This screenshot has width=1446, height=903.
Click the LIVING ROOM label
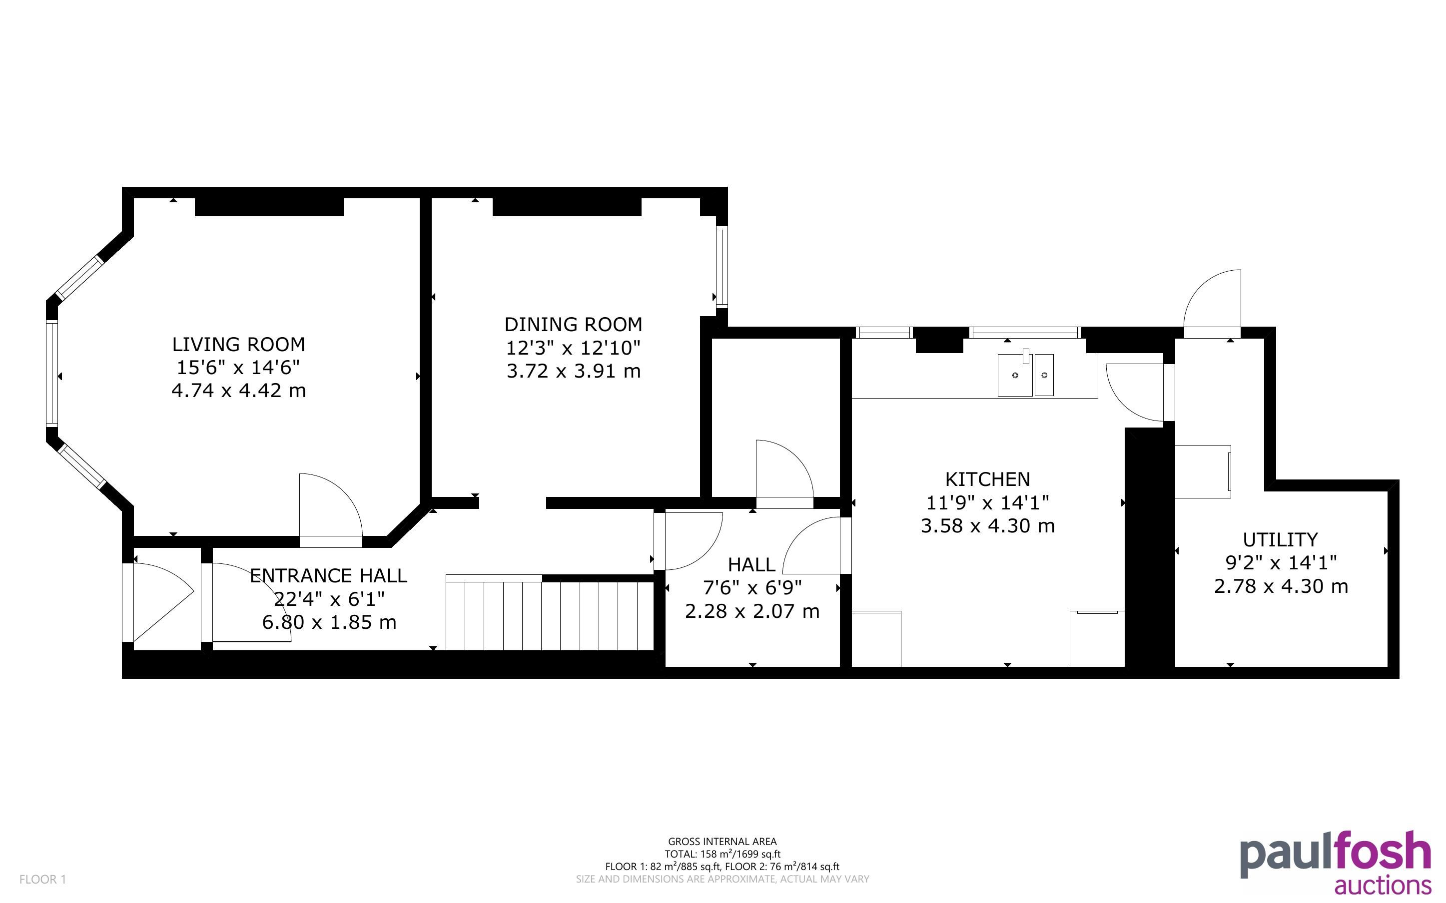click(238, 345)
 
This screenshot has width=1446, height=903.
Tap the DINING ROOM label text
click(574, 325)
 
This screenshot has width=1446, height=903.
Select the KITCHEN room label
click(987, 479)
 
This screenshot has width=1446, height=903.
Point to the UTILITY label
click(1280, 540)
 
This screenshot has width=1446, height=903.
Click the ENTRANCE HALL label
click(328, 576)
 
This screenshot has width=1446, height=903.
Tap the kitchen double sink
click(1025, 375)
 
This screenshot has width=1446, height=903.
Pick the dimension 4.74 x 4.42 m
click(238, 391)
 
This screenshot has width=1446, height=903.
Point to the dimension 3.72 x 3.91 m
click(574, 372)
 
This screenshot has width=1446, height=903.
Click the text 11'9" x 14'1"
click(987, 503)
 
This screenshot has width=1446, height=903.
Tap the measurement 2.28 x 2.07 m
click(752, 611)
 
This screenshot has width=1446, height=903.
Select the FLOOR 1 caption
click(42, 879)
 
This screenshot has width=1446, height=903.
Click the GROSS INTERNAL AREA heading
click(722, 842)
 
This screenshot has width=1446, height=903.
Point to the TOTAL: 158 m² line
click(722, 854)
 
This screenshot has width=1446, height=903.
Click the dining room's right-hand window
click(722, 266)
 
